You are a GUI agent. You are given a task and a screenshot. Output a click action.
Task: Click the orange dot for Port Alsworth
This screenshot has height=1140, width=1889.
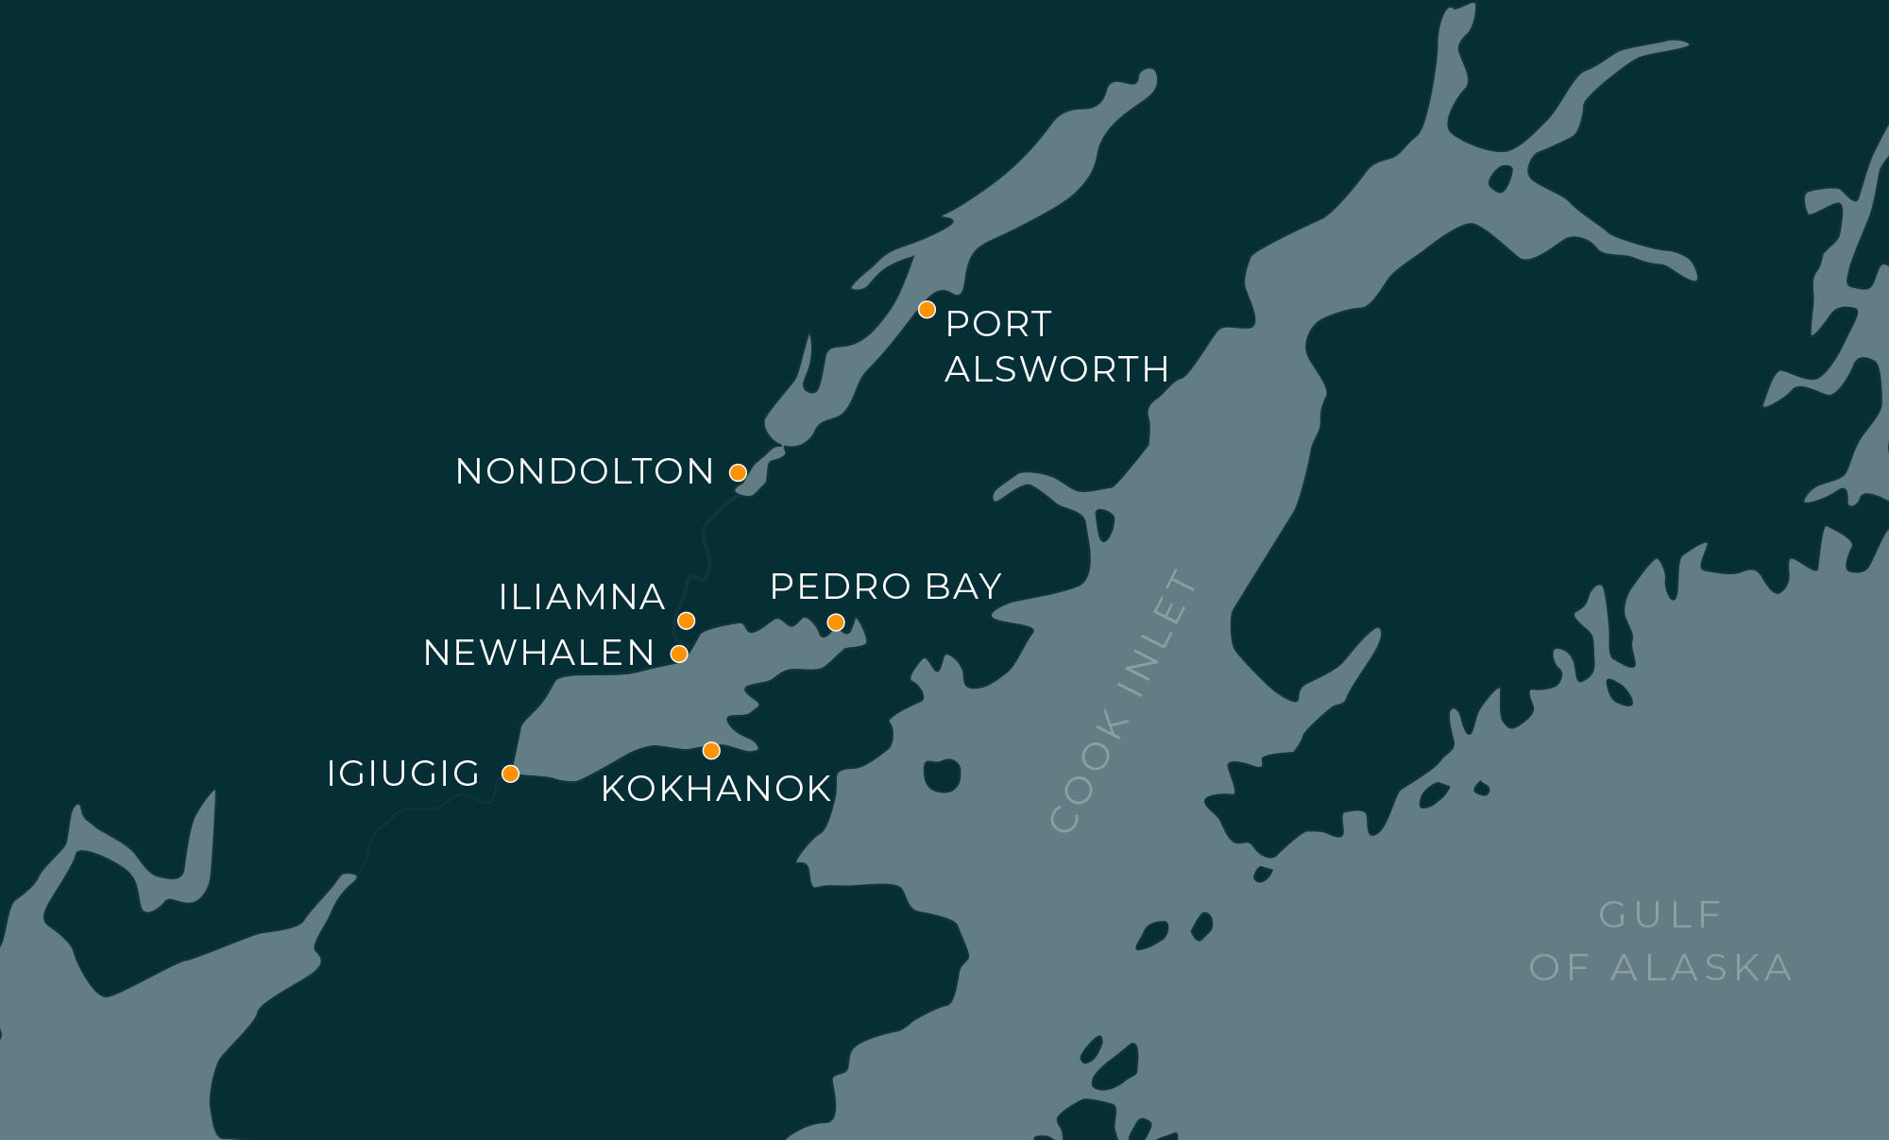927,310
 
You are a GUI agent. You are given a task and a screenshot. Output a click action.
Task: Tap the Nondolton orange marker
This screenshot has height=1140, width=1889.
738,472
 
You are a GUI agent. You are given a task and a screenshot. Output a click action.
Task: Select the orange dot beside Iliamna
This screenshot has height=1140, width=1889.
687,621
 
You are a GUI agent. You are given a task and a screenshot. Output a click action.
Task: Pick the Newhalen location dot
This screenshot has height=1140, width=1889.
678,654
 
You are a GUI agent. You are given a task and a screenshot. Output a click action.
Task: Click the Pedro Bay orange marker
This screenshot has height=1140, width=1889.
836,622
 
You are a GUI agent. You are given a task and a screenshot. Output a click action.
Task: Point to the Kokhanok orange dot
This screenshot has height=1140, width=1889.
711,751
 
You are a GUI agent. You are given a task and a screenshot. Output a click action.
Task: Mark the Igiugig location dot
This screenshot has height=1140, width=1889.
510,774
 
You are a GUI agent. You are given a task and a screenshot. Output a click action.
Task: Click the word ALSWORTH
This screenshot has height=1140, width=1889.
1057,369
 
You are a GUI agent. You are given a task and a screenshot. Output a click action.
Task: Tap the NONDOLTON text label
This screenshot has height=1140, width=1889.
585,471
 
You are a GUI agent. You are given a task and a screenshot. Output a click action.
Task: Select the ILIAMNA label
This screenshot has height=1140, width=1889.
582,597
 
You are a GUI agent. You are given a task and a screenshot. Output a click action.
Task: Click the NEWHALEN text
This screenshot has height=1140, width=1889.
538,653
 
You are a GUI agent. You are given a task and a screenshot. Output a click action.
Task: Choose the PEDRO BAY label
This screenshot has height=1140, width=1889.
885,587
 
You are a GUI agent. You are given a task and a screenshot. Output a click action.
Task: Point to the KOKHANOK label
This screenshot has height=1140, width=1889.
716,789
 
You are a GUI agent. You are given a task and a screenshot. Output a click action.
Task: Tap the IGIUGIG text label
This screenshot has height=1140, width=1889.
403,774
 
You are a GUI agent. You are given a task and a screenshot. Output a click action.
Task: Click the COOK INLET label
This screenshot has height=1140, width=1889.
1124,701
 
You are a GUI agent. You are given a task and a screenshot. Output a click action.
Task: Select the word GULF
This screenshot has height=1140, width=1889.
1661,914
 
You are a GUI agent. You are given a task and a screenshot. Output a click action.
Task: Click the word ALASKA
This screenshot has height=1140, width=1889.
1700,967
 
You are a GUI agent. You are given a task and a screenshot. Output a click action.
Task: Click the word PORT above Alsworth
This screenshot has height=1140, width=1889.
997,324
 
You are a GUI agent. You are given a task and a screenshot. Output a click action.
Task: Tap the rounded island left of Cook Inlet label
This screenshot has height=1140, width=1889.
942,774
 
